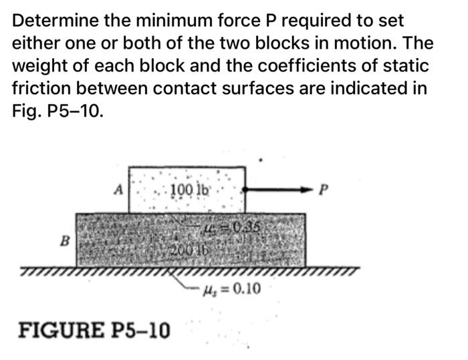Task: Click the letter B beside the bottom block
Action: (66, 237)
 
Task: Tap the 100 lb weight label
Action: (190, 189)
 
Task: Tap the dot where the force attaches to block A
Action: (246, 190)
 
